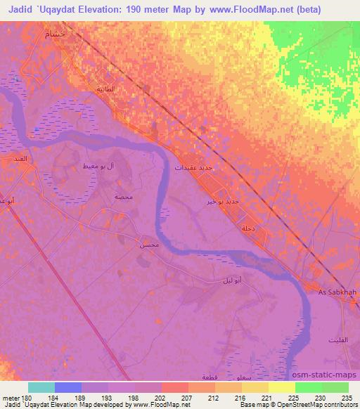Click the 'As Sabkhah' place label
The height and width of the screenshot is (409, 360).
point(333,292)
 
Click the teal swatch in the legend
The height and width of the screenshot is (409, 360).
point(41,387)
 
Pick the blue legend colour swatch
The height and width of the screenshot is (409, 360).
point(67,387)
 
